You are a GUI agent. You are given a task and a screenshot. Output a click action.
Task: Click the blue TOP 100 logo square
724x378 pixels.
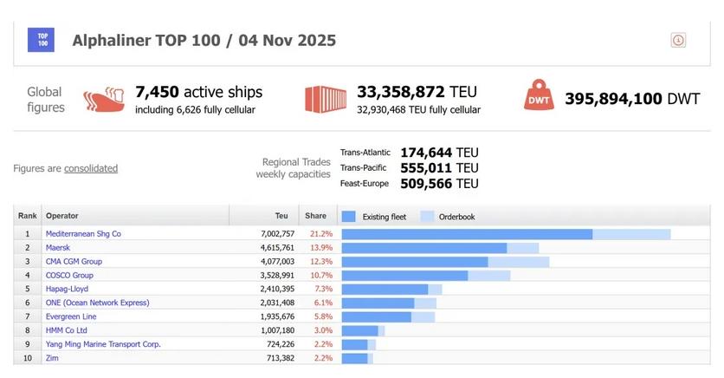(x=41, y=40)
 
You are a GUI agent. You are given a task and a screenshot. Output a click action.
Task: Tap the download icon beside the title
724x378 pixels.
(x=678, y=40)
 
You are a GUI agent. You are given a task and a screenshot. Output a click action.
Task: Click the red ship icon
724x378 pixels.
(x=104, y=99)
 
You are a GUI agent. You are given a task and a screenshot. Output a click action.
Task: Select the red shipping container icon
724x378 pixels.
(x=326, y=99)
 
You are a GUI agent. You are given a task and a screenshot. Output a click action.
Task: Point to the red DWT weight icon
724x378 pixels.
(x=538, y=98)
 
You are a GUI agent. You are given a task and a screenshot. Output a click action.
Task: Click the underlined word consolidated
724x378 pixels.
(x=91, y=168)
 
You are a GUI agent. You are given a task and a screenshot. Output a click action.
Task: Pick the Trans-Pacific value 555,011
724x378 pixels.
(x=427, y=167)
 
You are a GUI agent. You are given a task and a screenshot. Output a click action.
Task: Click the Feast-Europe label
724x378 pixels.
(x=365, y=184)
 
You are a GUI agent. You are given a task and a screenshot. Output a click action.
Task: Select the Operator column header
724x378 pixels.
(x=61, y=216)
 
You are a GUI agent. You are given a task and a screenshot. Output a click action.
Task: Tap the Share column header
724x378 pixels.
(x=315, y=216)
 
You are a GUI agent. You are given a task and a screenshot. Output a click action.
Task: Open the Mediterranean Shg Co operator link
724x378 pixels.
(x=83, y=234)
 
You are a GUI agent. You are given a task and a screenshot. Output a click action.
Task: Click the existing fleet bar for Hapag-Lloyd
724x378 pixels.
(x=385, y=289)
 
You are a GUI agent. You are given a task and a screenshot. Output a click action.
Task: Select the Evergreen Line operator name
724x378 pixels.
(x=71, y=316)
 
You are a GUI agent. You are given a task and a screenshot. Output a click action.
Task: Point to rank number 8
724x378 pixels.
(x=28, y=330)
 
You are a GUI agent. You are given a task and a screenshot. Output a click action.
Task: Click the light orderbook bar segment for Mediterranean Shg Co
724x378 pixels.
(x=631, y=234)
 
